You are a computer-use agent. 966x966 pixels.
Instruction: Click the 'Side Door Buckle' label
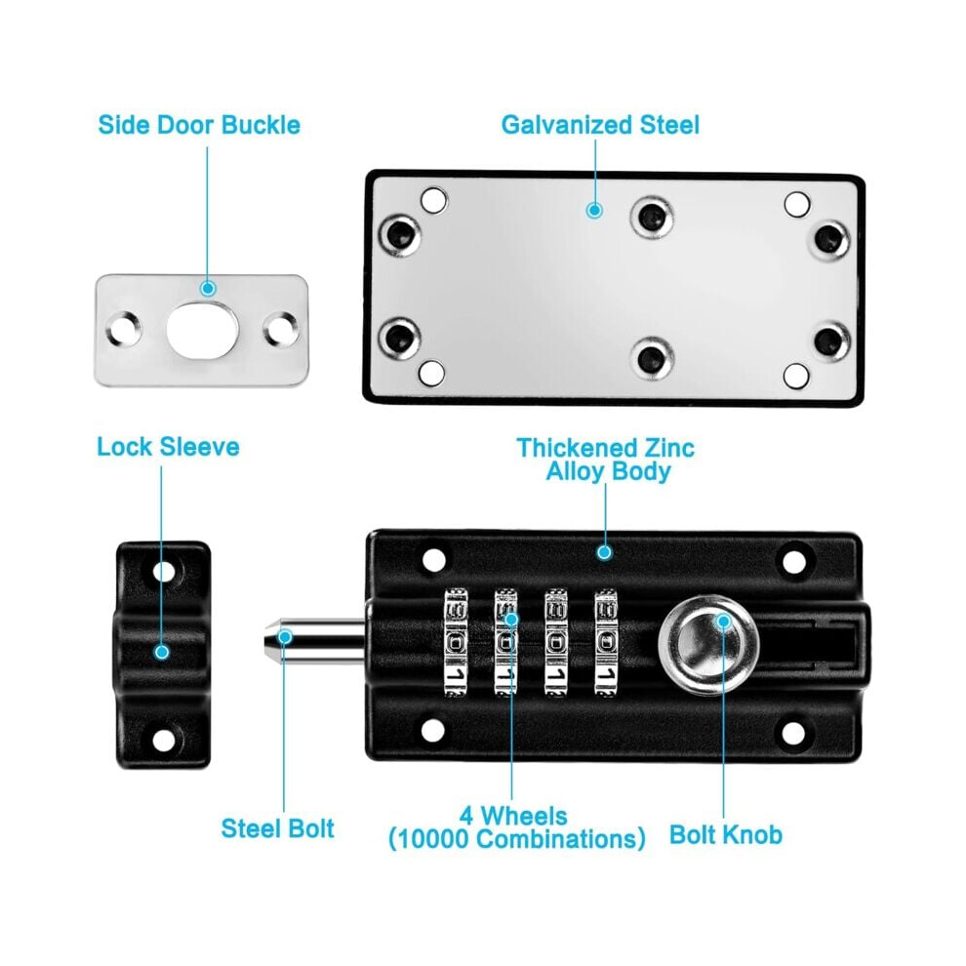[x=199, y=125]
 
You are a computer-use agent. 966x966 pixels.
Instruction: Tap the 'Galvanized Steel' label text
[x=600, y=125]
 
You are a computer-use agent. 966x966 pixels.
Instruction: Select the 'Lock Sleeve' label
[x=168, y=447]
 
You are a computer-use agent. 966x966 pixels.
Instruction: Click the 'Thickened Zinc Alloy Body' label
[x=606, y=460]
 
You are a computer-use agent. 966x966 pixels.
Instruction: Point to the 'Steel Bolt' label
[x=277, y=828]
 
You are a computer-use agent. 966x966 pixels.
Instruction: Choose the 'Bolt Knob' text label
[x=726, y=835]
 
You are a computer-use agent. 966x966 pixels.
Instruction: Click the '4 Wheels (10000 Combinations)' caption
[x=516, y=827]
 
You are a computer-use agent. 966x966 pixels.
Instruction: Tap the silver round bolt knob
[x=708, y=644]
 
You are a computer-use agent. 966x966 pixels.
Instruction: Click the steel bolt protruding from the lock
[x=315, y=641]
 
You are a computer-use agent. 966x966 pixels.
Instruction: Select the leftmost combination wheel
[x=456, y=643]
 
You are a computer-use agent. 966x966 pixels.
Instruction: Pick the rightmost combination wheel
[x=606, y=643]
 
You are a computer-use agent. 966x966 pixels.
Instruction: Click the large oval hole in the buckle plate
[x=202, y=330]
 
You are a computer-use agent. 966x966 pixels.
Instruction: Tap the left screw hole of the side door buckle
[x=124, y=329]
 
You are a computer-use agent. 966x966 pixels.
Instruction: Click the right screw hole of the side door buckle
[x=281, y=329]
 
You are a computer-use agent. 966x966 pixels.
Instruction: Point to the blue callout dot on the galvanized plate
[x=594, y=211]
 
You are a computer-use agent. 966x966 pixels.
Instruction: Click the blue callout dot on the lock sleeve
[x=162, y=652]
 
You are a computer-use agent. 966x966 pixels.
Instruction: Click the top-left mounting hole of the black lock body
[x=433, y=560]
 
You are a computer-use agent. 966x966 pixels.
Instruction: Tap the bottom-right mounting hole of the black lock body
[x=793, y=733]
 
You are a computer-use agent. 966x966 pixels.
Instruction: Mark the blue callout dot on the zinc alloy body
[x=604, y=552]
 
